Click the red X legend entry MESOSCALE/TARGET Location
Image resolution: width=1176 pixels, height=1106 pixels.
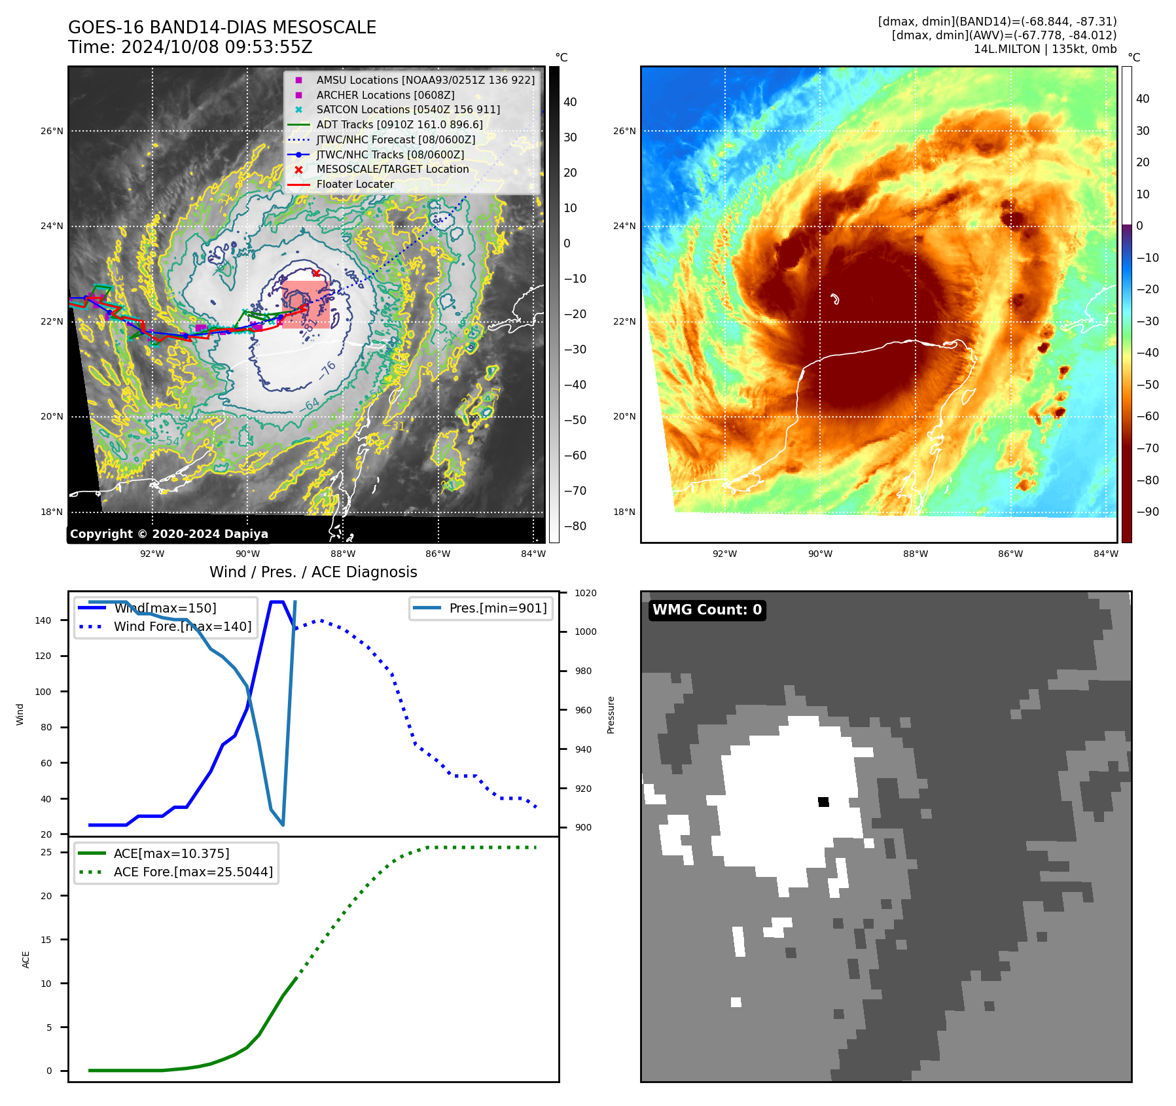(392, 169)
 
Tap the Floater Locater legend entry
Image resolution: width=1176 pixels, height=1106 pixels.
(355, 185)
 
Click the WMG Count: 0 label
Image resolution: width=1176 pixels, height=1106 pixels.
(707, 610)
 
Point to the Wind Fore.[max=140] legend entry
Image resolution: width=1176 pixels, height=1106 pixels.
(182, 626)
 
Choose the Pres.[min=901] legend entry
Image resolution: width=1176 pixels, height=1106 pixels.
(497, 608)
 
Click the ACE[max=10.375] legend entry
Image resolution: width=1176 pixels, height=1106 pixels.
(171, 853)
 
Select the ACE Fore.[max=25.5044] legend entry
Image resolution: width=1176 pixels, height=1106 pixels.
(193, 872)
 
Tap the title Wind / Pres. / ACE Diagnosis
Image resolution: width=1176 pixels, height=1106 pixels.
(313, 572)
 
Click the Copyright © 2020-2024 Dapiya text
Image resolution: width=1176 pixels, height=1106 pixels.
(169, 534)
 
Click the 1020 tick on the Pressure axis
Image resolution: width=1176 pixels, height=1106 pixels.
(585, 593)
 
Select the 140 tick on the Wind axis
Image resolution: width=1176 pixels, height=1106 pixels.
(43, 620)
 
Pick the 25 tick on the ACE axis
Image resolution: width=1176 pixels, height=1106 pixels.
(46, 852)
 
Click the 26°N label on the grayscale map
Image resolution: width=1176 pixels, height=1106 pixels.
(52, 131)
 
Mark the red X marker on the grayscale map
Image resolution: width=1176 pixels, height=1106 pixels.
(316, 273)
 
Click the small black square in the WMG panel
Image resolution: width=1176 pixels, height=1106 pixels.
(823, 802)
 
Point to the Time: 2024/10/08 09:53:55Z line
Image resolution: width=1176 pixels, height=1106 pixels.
(190, 47)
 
